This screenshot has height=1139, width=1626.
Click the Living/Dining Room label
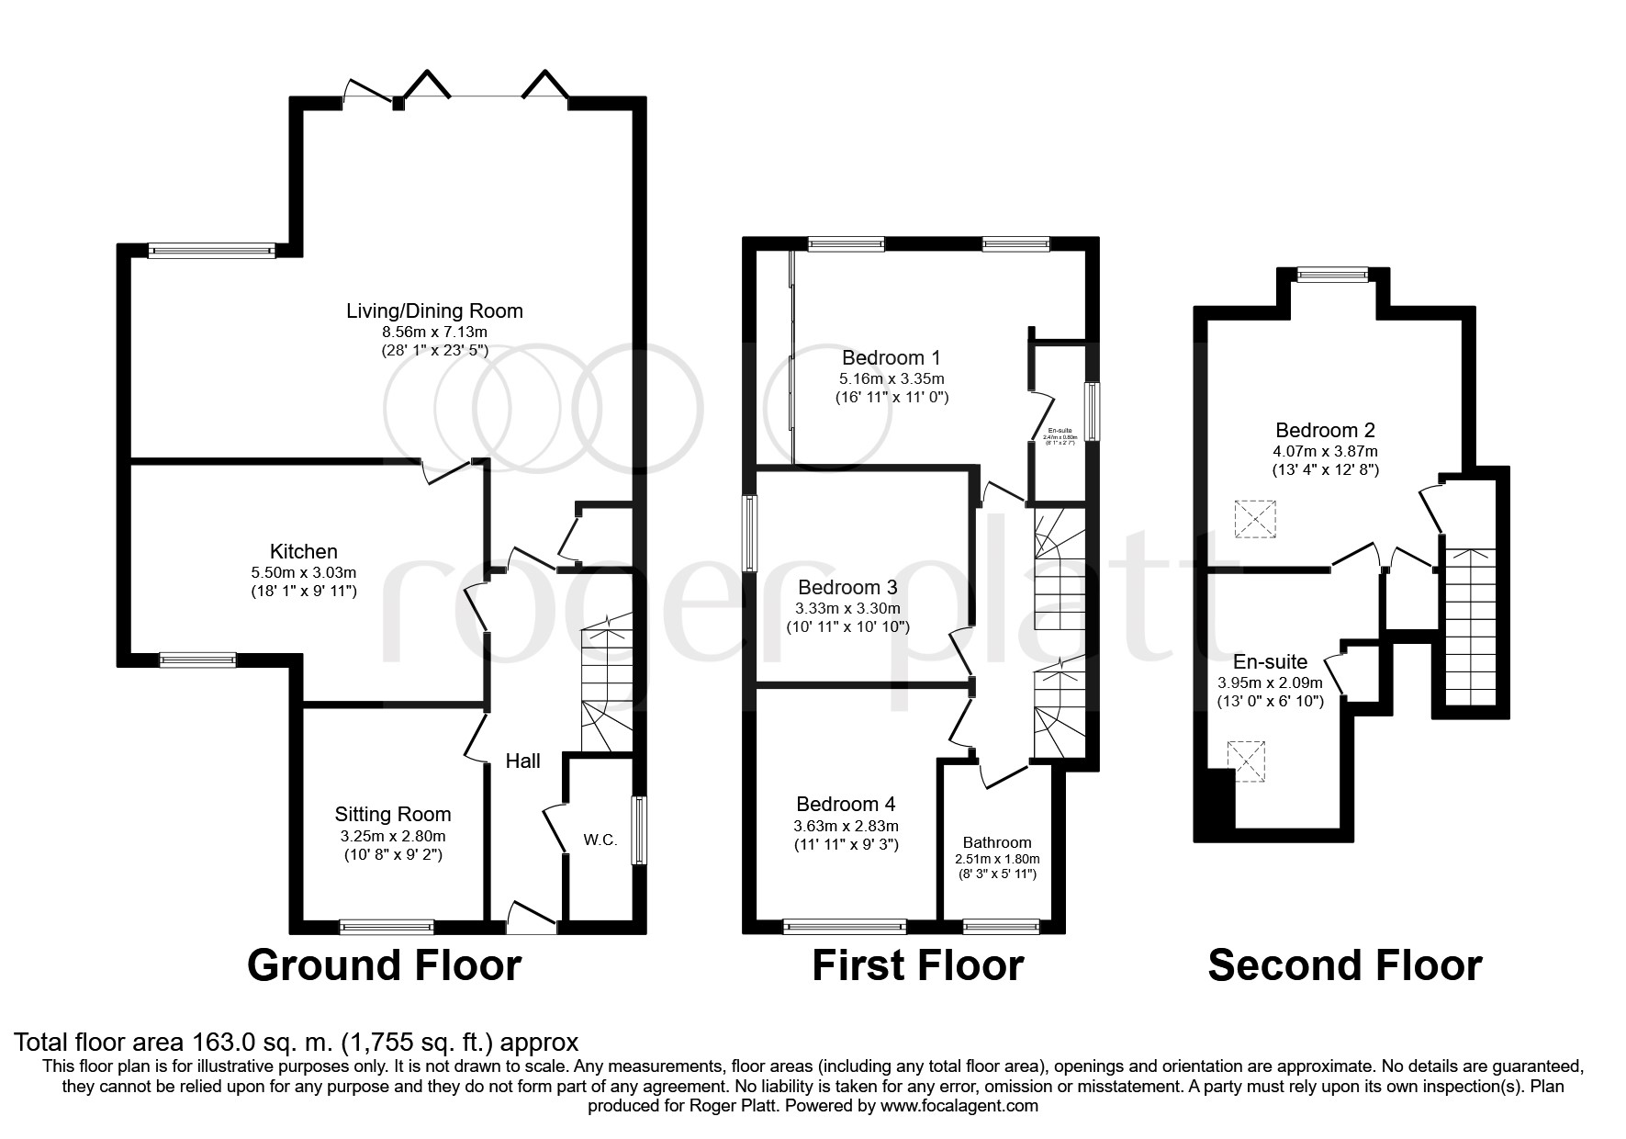(x=434, y=310)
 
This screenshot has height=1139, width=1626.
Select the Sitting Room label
(x=392, y=814)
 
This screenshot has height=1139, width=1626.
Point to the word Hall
(x=523, y=761)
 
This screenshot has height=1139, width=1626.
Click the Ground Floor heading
(x=384, y=966)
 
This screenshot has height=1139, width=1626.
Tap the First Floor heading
(x=917, y=966)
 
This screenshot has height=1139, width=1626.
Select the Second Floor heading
(x=1344, y=966)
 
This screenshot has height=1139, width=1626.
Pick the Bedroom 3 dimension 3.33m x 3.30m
(x=847, y=608)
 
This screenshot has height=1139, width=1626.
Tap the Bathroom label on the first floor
(x=997, y=842)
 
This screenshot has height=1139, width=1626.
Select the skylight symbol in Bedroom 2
(x=1255, y=519)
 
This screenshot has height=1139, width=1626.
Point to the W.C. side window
(x=639, y=830)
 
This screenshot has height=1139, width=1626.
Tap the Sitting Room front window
(x=386, y=927)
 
